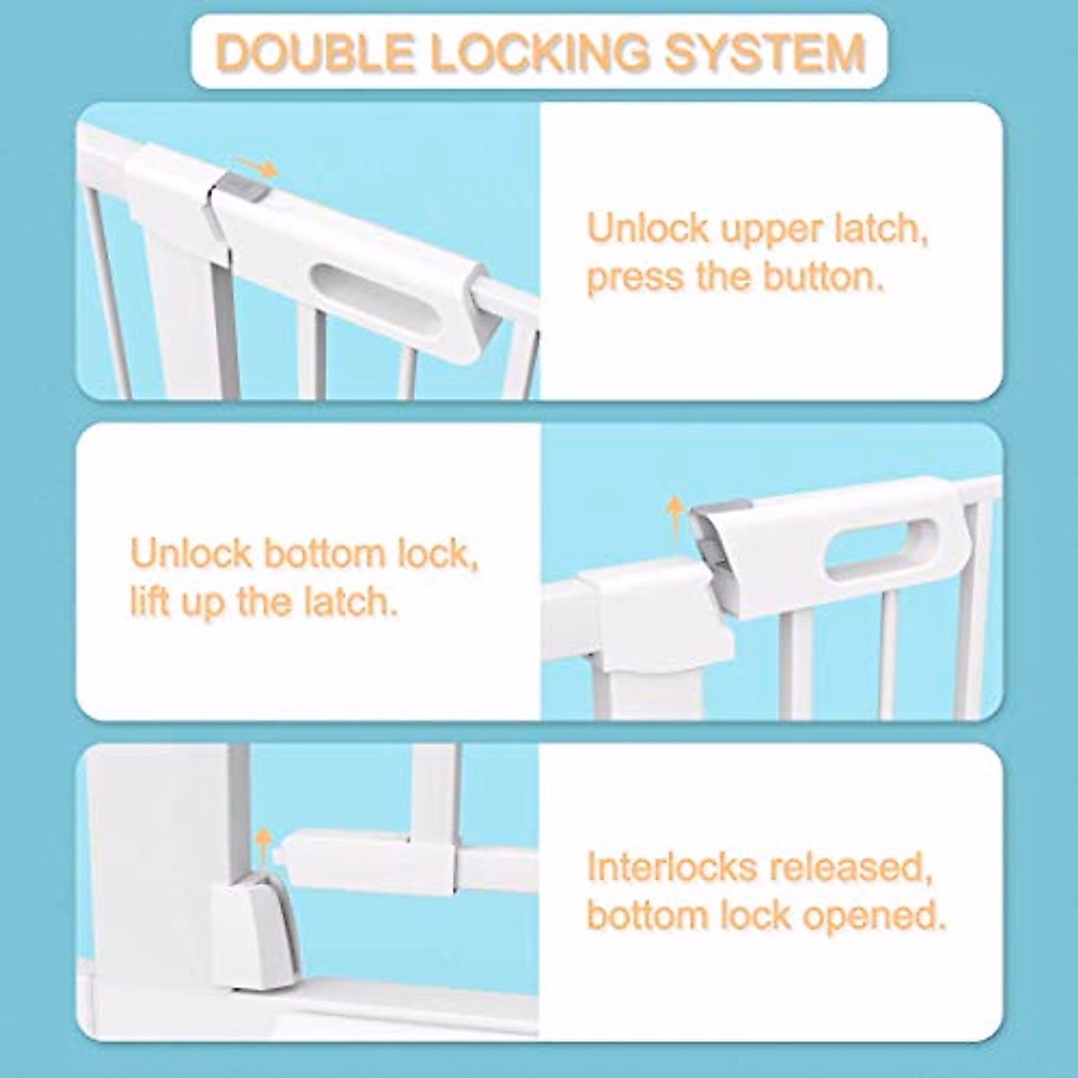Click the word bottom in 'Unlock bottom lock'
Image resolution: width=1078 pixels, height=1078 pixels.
[323, 553]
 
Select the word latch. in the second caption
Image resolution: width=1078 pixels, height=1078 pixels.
[344, 601]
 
